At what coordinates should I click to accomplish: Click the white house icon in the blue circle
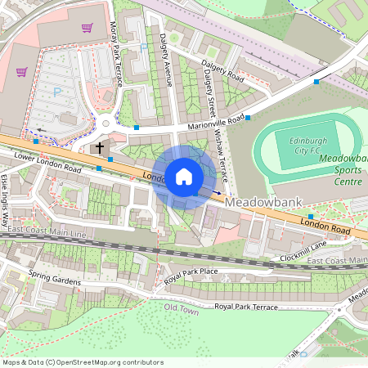(184, 176)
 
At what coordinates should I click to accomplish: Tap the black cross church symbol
(100, 148)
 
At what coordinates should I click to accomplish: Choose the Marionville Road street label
(216, 122)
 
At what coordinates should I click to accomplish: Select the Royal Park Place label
(191, 271)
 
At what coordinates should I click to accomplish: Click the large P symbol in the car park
(56, 92)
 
